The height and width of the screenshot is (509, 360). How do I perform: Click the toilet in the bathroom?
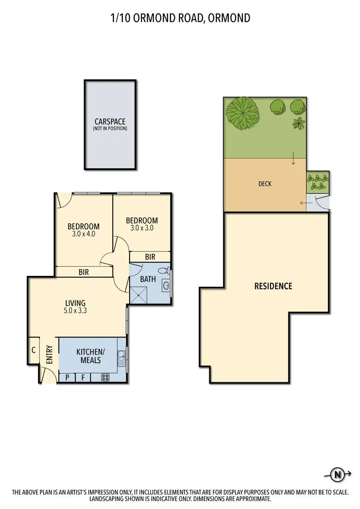point(163,270)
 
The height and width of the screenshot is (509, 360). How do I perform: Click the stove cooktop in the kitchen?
point(105,377)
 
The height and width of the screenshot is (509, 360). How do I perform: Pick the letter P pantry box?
point(67,378)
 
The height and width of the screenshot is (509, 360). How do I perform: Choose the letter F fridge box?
point(83,378)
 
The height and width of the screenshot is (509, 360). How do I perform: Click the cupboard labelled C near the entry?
point(34,350)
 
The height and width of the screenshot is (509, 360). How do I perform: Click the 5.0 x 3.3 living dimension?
point(75,310)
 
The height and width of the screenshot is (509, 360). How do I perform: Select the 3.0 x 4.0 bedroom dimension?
point(84,234)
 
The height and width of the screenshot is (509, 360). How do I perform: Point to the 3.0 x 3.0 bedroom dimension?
point(142,228)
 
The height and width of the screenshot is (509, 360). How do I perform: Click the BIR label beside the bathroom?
point(150,257)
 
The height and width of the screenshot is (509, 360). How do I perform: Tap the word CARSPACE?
point(110,122)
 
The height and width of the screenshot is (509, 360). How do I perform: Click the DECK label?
point(264,183)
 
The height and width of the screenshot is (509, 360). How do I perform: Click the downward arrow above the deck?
point(293,161)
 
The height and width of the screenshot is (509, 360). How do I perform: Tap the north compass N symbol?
point(339,475)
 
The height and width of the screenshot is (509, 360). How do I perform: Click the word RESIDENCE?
point(273,286)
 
